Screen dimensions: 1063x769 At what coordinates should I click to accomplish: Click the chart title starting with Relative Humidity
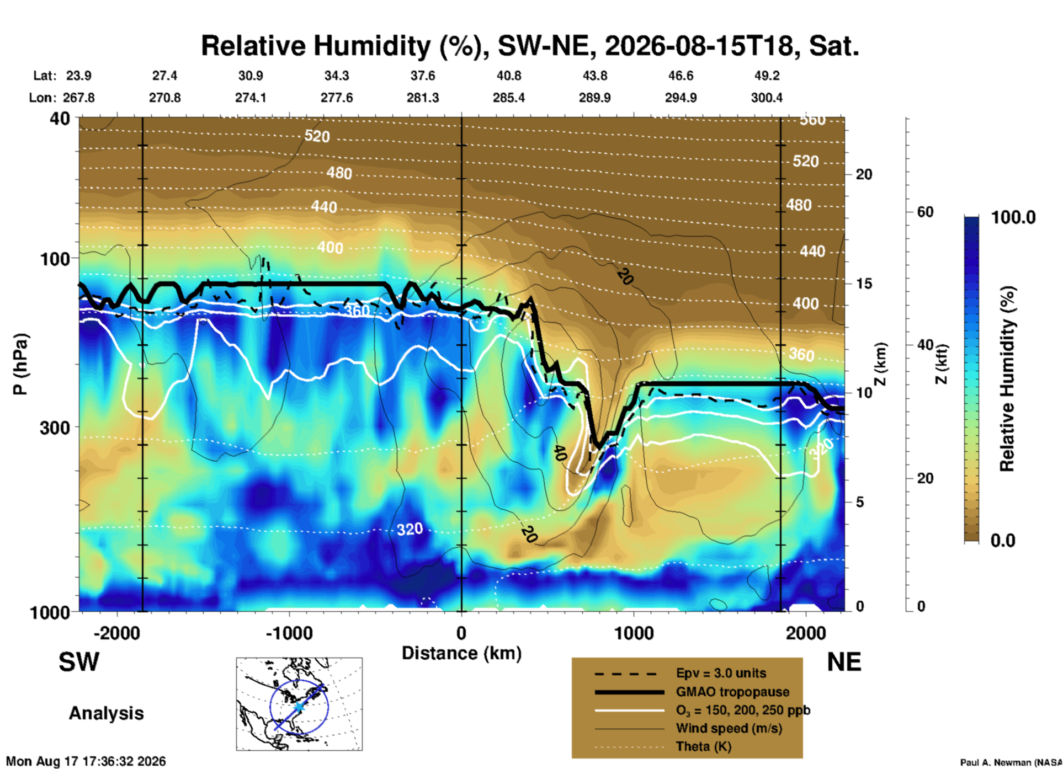click(530, 46)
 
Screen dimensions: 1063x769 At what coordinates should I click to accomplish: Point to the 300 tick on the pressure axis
click(55, 428)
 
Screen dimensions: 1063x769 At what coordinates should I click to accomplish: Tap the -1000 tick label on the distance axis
click(289, 633)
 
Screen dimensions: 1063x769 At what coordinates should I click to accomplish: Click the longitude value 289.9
click(594, 98)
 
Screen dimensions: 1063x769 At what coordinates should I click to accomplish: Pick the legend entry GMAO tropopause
click(732, 692)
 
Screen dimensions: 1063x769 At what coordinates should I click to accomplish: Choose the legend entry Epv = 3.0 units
click(721, 673)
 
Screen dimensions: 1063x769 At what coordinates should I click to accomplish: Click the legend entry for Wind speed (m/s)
click(729, 729)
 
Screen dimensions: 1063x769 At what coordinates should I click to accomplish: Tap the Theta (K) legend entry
click(704, 747)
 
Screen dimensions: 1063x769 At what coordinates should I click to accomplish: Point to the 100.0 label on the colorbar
click(1013, 217)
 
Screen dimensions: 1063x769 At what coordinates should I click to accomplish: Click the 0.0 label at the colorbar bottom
click(1003, 540)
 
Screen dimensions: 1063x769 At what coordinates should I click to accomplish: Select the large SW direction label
click(79, 662)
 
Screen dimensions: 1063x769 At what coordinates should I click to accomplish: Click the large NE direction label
click(844, 662)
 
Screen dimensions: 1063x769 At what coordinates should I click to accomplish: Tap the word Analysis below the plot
click(106, 713)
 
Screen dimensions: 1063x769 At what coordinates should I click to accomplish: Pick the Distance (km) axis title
click(461, 653)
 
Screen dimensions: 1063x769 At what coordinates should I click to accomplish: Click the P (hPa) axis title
click(20, 364)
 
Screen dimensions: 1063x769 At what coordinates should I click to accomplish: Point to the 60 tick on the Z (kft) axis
click(925, 212)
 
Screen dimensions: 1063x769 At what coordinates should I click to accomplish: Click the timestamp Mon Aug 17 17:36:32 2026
click(86, 761)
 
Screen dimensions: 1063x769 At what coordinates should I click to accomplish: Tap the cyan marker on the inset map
click(299, 707)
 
